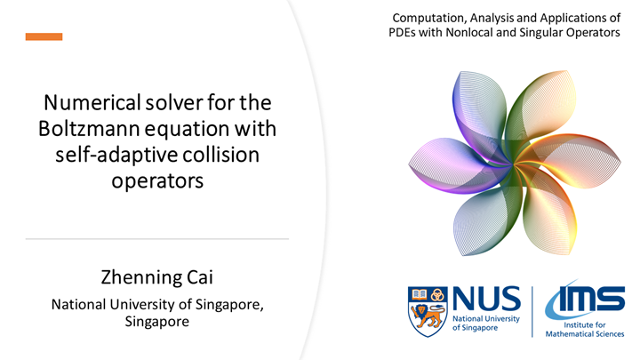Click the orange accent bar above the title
pyautogui.click(x=44, y=36)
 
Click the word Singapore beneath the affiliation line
pyautogui.click(x=157, y=321)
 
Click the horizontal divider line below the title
pyautogui.click(x=157, y=239)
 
